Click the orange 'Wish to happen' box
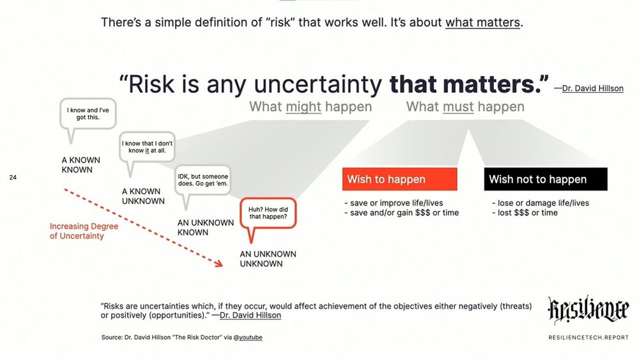399,179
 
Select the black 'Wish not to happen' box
546,179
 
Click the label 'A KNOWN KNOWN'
81,165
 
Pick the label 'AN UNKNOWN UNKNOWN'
268,258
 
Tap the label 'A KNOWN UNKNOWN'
143,196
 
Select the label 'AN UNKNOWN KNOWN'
205,228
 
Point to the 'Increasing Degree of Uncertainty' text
84,231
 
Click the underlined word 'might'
304,107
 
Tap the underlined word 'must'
458,107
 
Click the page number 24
13,177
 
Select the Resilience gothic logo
588,310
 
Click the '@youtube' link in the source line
248,337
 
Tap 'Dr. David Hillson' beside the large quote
592,88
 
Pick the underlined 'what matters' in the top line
482,22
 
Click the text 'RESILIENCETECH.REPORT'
589,338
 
